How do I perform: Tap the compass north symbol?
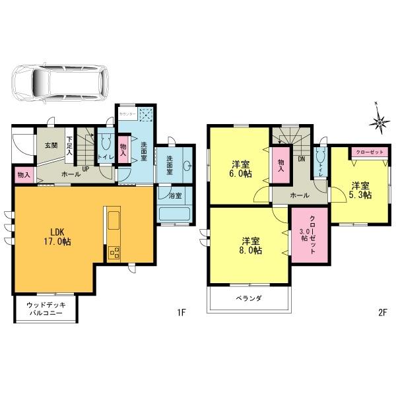coord(379,121)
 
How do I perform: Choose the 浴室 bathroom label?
coord(175,195)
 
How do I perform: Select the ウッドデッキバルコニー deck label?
coord(45,309)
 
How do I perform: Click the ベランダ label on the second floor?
coord(249,298)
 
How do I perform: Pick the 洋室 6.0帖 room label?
coord(241,169)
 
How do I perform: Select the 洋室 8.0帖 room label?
coord(250,246)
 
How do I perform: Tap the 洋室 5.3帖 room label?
coord(360,191)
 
